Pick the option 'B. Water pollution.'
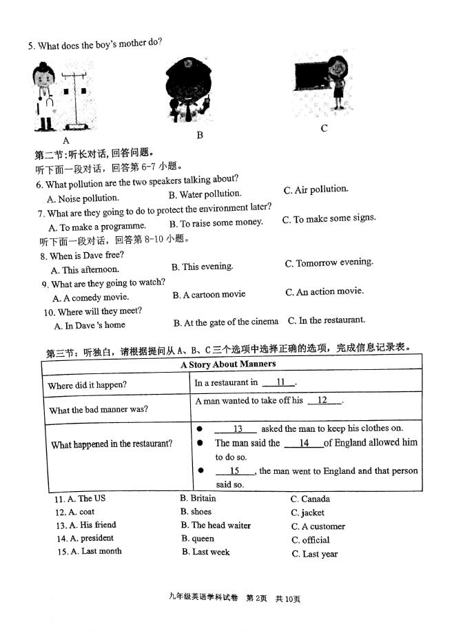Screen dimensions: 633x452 pyautogui.click(x=205, y=194)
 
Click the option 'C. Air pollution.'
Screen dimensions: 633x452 pyautogui.click(x=316, y=189)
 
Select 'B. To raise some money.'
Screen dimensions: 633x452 pyautogui.click(x=216, y=222)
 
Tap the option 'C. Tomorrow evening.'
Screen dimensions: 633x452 pyautogui.click(x=329, y=262)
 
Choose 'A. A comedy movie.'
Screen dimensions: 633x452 pyautogui.click(x=90, y=298)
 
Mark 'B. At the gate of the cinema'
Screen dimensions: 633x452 pyautogui.click(x=225, y=322)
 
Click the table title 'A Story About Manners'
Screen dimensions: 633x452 pyautogui.click(x=228, y=364)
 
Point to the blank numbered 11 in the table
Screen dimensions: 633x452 pyautogui.click(x=280, y=382)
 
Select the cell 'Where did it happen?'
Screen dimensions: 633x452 pyautogui.click(x=87, y=385)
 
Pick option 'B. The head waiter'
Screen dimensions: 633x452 pyautogui.click(x=216, y=525)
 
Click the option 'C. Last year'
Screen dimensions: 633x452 pyautogui.click(x=314, y=554)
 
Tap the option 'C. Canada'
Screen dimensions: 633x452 pyautogui.click(x=310, y=499)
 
